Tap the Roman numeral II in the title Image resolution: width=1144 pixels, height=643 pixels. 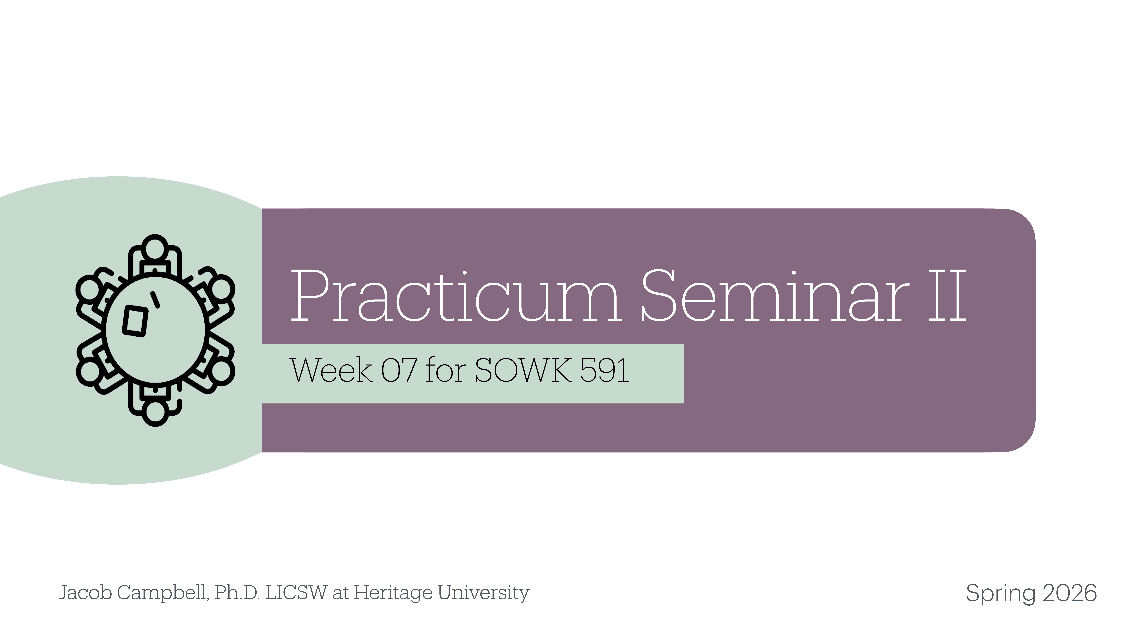(947, 296)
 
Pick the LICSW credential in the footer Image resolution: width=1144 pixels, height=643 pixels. (296, 593)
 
